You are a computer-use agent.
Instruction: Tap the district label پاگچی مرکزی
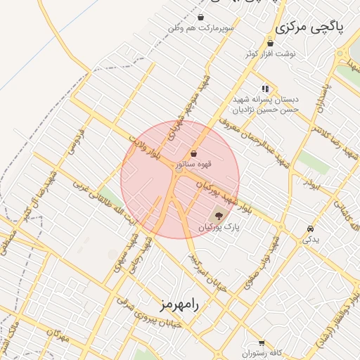pos(310,27)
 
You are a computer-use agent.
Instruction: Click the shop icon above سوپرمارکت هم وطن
pos(202,18)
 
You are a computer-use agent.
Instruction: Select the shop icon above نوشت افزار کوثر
pos(270,44)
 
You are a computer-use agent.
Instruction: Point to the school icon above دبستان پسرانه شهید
pos(265,89)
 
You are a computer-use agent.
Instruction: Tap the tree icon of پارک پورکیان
pos(219,216)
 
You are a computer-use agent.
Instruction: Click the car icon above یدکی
pos(310,229)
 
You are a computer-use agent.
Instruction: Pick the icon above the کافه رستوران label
pos(262,342)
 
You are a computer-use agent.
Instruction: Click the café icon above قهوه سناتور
pos(193,153)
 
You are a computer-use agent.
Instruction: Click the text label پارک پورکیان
pos(219,228)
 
